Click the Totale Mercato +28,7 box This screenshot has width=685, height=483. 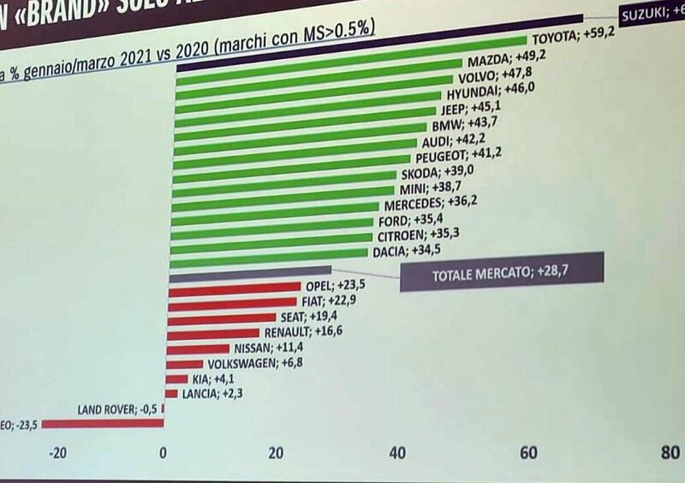click(503, 272)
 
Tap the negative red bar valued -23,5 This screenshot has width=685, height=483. click(103, 422)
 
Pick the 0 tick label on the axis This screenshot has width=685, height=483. click(163, 452)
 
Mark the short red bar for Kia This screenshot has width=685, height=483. click(176, 379)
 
